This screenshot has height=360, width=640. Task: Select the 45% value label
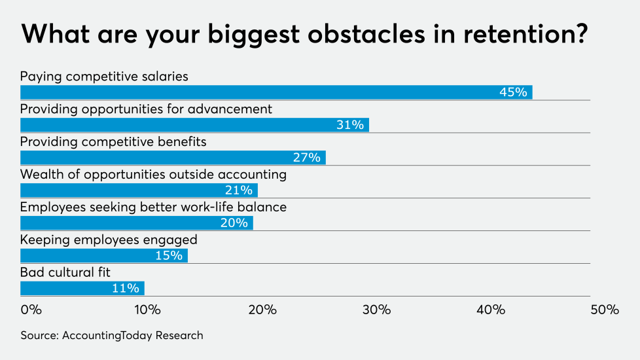(x=513, y=92)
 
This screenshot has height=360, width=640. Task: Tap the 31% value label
(x=349, y=125)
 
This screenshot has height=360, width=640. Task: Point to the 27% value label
(x=306, y=158)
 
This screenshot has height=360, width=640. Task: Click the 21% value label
(x=238, y=190)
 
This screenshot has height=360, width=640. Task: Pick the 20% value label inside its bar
(x=234, y=223)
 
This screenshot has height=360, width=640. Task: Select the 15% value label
(x=169, y=256)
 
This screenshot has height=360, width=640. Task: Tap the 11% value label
(x=125, y=289)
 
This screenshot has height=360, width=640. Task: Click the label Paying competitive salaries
(x=104, y=77)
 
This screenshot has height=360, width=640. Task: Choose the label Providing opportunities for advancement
(x=146, y=109)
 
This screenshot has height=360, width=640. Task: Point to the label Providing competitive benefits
(x=113, y=142)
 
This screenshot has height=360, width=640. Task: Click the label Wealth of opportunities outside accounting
(x=153, y=175)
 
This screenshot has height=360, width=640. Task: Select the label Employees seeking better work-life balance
(x=153, y=207)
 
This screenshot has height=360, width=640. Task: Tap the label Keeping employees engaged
(x=109, y=240)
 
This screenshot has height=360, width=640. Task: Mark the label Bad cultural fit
(x=65, y=273)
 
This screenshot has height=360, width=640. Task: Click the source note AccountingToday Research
(x=112, y=336)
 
